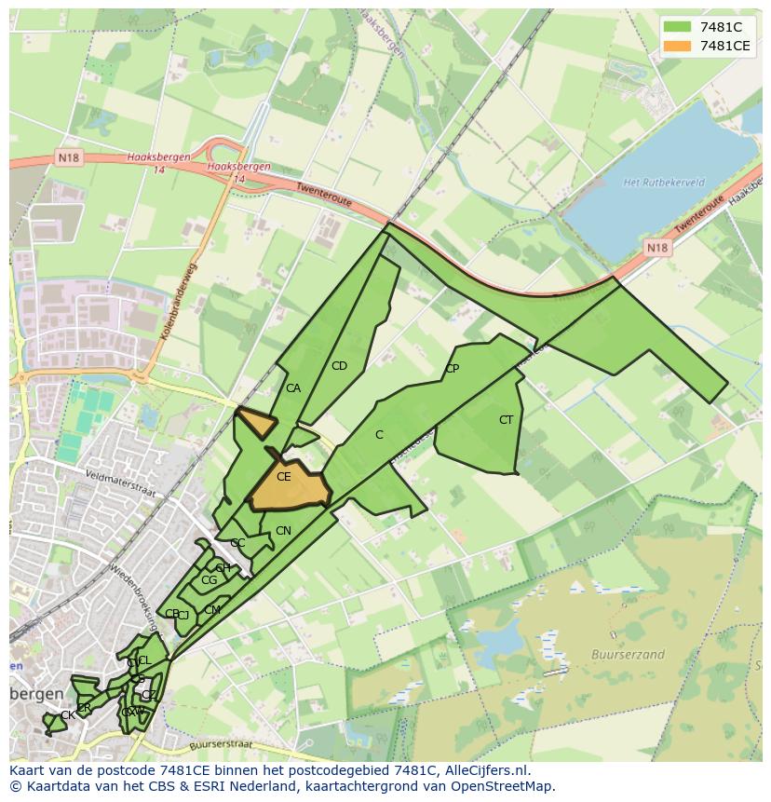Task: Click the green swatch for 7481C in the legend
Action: click(677, 27)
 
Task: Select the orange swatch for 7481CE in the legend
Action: click(677, 46)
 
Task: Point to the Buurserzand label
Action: click(628, 655)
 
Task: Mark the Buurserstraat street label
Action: click(221, 745)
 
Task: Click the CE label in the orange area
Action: click(284, 477)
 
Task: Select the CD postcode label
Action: click(339, 366)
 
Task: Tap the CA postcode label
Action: click(293, 388)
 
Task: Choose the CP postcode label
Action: click(452, 369)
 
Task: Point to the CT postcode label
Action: click(506, 420)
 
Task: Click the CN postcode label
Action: click(283, 531)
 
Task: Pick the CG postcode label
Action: click(209, 580)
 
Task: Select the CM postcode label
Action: click(212, 610)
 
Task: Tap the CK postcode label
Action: click(67, 715)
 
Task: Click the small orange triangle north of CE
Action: click(256, 422)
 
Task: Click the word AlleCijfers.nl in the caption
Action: click(484, 770)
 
